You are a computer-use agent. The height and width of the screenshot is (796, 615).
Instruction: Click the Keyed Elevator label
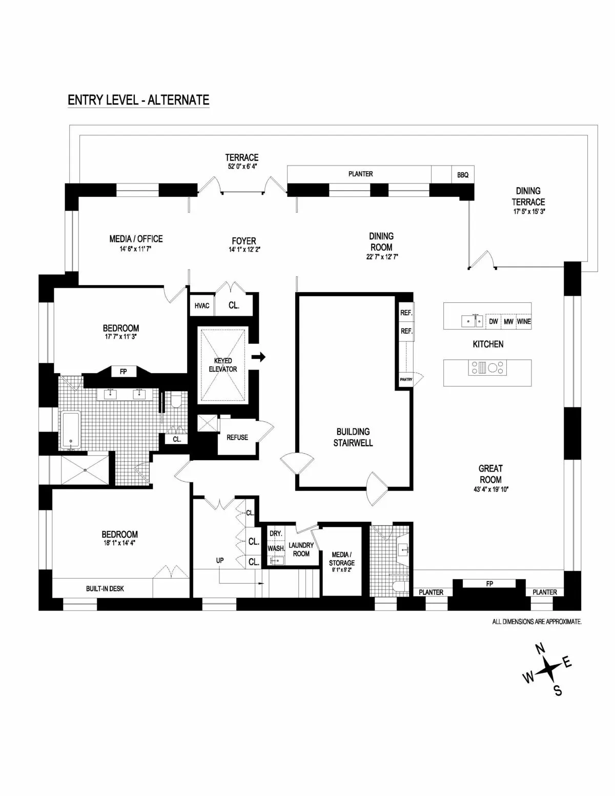point(223,365)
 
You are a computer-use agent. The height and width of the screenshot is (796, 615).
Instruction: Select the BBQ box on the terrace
point(462,175)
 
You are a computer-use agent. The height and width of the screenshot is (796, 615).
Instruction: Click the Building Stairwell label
point(353,437)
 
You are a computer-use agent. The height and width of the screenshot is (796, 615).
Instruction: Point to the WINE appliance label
point(524,322)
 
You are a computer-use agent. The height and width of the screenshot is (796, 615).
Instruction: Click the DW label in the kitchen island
point(493,322)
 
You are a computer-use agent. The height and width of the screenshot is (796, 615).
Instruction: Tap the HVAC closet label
point(202,306)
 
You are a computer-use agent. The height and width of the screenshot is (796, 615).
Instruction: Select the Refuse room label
point(237,437)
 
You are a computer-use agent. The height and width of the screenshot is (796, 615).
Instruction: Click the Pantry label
point(406,380)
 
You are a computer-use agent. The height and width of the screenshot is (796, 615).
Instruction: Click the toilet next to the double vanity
point(175,400)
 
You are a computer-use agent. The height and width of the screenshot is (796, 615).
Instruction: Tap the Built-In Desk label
point(105,588)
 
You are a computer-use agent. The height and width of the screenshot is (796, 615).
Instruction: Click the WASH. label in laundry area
point(276,548)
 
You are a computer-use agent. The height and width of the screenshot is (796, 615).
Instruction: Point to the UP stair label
point(220,561)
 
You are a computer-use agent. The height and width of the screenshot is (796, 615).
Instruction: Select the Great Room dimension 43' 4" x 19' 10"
point(490,489)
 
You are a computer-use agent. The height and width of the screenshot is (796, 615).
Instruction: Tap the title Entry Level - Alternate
point(138,99)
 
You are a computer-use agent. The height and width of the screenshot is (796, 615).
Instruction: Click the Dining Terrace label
point(528,196)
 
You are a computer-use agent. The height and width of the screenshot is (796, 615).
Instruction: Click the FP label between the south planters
point(489,584)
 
